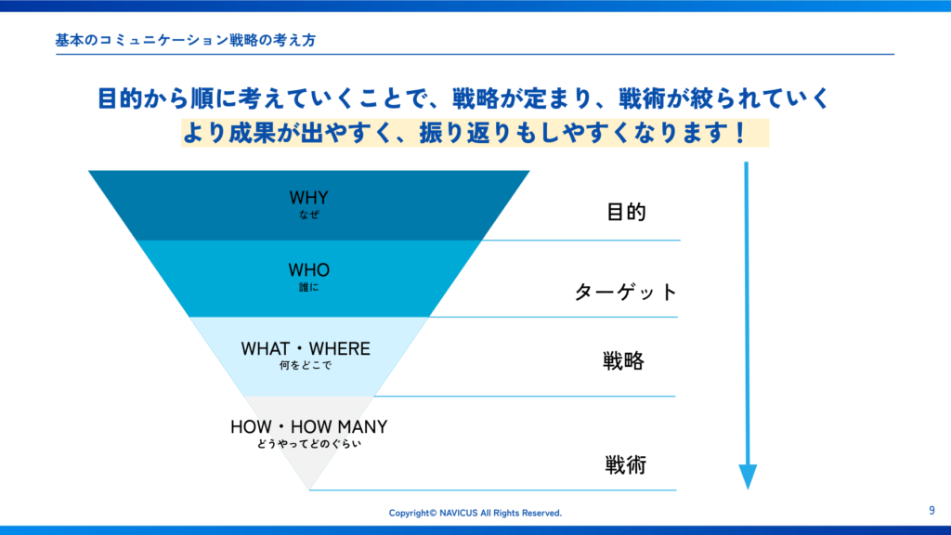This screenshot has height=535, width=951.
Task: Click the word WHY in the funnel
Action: pos(308,198)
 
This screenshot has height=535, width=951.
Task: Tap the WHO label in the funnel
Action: pos(308,270)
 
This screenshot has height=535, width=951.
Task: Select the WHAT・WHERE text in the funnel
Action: pos(306,349)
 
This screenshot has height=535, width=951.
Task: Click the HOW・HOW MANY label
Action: pos(308,427)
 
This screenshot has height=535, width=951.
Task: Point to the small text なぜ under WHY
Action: pos(308,215)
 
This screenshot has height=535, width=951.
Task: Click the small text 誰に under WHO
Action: pos(308,287)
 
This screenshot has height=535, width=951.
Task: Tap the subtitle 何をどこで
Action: pos(306,365)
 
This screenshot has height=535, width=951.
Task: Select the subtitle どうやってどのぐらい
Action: pos(308,443)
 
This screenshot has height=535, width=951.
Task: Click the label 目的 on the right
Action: pos(626,213)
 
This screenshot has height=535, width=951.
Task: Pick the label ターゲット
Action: pos(625,293)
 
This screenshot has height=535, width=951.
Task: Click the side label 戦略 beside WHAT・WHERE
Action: pos(623,361)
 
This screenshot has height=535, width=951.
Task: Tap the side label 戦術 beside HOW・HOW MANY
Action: pos(625,465)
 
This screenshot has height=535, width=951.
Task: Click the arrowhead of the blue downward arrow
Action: pos(748,476)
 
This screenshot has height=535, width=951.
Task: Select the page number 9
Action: pos(931,511)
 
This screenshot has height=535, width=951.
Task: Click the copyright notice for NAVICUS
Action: pos(475,513)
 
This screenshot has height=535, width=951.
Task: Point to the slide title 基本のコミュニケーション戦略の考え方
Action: pos(186,40)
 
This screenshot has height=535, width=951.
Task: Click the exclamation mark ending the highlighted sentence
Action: pos(739,133)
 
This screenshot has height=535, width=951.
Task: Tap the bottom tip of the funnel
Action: pos(309,489)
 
